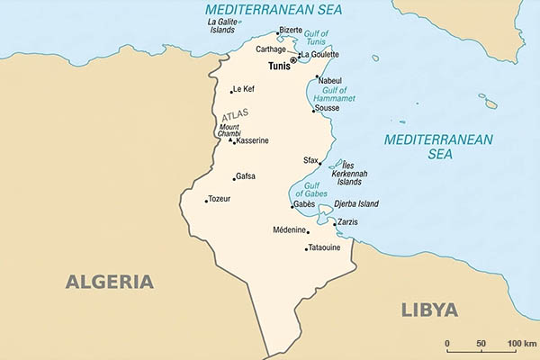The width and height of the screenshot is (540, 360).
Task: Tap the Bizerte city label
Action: point(291,30)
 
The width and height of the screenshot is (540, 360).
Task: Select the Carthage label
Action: point(270,49)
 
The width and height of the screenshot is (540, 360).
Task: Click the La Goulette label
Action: point(320,55)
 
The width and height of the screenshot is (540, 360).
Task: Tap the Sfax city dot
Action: point(320,164)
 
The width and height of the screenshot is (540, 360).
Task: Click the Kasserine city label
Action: point(252,141)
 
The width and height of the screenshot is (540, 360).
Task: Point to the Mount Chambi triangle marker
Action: point(230,140)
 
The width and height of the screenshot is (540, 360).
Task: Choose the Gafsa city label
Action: point(246,176)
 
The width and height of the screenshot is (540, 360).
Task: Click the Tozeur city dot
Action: point(206,201)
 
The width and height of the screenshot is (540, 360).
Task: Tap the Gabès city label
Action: point(303,204)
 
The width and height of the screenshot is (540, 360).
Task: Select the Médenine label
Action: point(289,230)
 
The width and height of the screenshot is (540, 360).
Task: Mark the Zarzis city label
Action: point(346,222)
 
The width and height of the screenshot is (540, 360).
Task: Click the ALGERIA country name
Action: point(109,282)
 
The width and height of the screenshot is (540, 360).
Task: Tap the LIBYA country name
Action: point(428,310)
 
